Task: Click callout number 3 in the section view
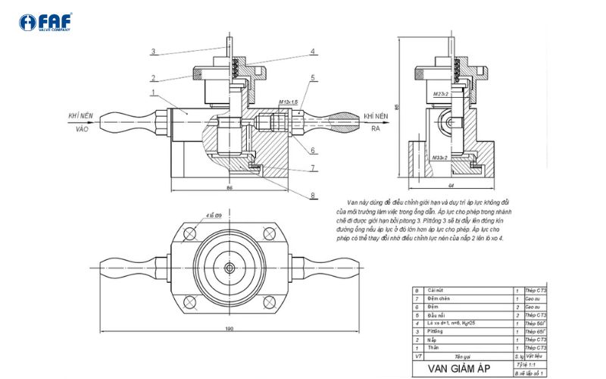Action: tap(153, 52)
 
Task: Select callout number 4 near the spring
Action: tap(312, 52)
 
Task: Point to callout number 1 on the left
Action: tap(153, 92)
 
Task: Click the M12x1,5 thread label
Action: tap(289, 102)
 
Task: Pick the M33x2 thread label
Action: tap(441, 157)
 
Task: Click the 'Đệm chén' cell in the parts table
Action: tap(439, 299)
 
